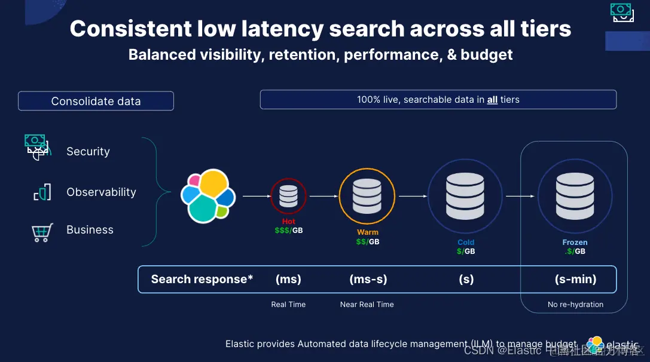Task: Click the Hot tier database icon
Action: coord(288,196)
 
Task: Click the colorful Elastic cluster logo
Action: coord(207,195)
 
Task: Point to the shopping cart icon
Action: coord(42,232)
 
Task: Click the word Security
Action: coord(88,152)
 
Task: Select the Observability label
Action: coord(101,192)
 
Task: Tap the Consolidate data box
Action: coord(96,101)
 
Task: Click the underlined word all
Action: coord(492,100)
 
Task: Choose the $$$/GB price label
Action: coord(289,231)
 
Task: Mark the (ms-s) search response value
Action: coord(368,279)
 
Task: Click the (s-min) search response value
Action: coord(575,279)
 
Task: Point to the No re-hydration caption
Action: coord(575,305)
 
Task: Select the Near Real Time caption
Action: coord(367,305)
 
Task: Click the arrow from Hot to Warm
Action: coord(322,196)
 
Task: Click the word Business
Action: coord(90,230)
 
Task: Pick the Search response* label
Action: coord(202,279)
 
